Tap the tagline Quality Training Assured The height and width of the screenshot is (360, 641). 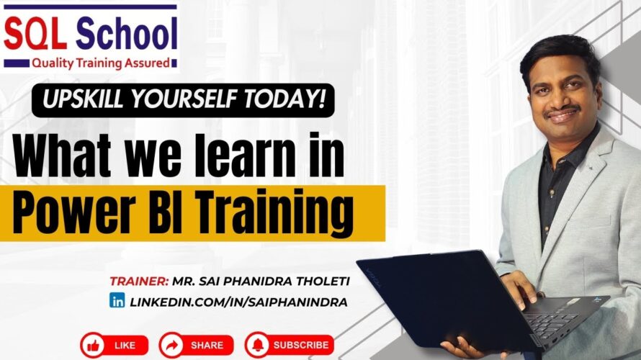(101, 63)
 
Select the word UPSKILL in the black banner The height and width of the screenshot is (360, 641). (83, 99)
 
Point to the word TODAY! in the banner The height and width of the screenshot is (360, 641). (285, 99)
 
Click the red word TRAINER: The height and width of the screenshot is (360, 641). (139, 282)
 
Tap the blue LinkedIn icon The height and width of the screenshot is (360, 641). (117, 301)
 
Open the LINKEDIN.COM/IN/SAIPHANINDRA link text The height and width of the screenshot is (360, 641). (238, 302)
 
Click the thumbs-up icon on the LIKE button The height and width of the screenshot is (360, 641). (93, 346)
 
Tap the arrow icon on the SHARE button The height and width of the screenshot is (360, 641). (171, 346)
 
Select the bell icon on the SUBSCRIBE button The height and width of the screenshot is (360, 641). (258, 346)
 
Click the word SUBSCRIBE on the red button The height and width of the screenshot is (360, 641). (301, 346)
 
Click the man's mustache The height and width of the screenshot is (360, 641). (561, 110)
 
